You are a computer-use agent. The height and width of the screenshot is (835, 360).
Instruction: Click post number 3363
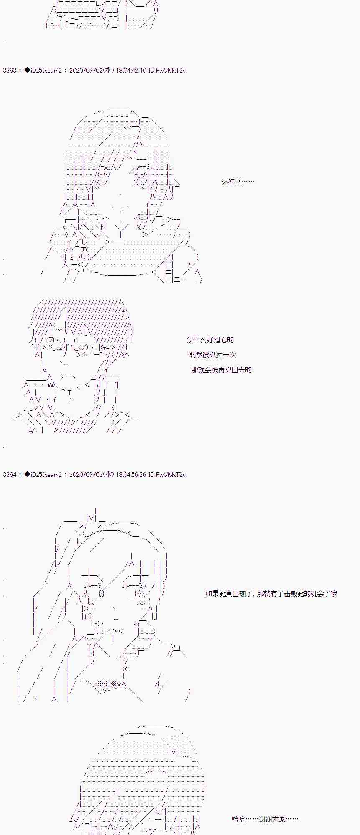click(10, 71)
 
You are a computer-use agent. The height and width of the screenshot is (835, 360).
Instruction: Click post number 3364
click(10, 475)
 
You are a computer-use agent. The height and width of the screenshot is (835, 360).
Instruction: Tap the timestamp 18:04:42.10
click(131, 71)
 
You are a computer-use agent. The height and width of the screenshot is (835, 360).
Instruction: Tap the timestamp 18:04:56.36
click(131, 475)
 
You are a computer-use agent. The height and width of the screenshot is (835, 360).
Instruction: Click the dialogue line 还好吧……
click(238, 182)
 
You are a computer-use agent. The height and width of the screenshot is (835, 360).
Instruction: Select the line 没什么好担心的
click(210, 340)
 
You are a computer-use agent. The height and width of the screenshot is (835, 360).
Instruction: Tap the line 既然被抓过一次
click(213, 355)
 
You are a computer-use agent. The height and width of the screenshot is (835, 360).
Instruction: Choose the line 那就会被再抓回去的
click(221, 370)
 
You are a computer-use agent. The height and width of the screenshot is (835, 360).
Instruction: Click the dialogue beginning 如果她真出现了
click(271, 594)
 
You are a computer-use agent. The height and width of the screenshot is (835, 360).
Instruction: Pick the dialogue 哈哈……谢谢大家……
click(265, 819)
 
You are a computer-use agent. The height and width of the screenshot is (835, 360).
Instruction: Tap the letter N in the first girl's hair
click(135, 152)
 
